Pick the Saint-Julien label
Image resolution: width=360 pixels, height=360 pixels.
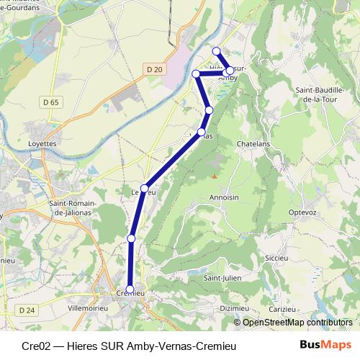[x=221, y=277]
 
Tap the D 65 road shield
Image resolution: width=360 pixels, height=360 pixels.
[x=51, y=103]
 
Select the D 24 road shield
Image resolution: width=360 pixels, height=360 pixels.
[x=27, y=310]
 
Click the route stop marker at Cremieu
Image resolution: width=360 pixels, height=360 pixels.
[x=130, y=290]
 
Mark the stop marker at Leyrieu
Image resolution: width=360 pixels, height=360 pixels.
[x=144, y=189]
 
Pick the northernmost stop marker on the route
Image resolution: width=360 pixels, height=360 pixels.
[x=216, y=50]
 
